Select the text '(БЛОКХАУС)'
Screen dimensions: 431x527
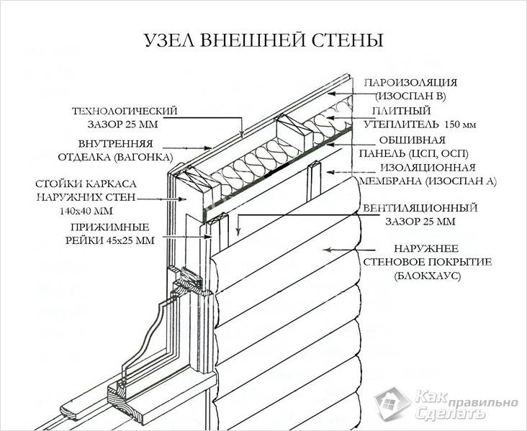coord(427,276)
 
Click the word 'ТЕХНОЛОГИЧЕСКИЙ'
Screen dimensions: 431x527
coord(125,111)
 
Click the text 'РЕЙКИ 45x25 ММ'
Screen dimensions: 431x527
coord(109,240)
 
